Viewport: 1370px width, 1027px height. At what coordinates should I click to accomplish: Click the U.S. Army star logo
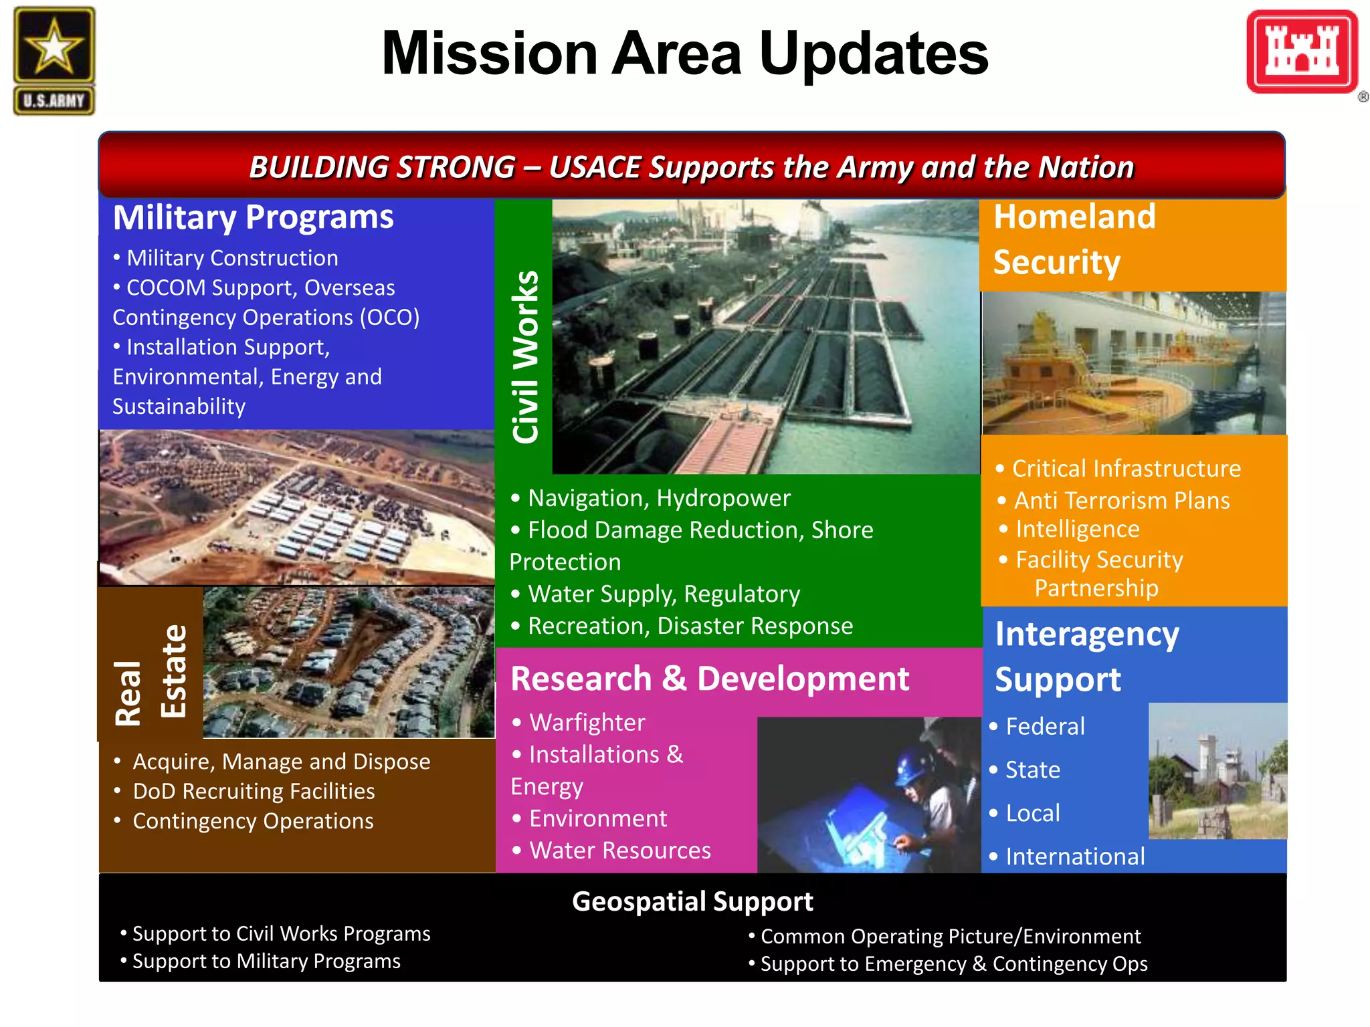(54, 60)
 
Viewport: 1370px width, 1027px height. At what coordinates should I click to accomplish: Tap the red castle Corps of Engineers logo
(1302, 52)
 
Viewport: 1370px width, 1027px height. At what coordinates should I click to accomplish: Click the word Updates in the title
(874, 53)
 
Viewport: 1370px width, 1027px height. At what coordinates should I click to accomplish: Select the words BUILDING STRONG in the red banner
(382, 167)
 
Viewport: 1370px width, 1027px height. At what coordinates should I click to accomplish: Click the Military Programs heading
(253, 217)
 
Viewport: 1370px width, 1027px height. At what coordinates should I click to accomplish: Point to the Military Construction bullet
(231, 258)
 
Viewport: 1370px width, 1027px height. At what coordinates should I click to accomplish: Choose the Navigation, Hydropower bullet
(658, 498)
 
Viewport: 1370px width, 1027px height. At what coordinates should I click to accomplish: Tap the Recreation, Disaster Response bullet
(689, 626)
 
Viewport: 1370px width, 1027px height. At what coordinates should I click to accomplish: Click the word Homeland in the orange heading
(1074, 217)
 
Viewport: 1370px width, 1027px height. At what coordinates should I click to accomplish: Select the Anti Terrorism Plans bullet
(1121, 500)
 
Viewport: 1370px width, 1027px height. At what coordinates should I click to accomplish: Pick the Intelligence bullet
(1077, 530)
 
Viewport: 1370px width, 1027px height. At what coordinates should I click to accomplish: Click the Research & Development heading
(709, 679)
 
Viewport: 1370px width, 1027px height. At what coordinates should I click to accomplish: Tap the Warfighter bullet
(587, 723)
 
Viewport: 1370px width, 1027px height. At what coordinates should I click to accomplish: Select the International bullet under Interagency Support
(1074, 857)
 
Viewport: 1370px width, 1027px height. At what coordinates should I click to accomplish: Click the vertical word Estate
(174, 671)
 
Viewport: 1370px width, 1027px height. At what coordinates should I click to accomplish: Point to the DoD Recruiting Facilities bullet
(254, 792)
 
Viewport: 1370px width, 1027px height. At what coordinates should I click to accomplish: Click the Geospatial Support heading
(692, 901)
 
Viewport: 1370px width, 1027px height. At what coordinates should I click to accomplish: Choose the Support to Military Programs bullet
(266, 961)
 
